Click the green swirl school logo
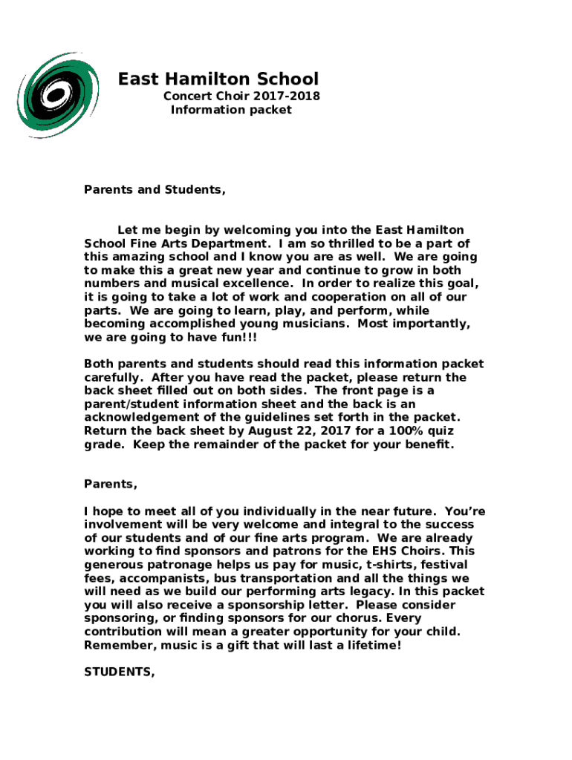click(x=58, y=94)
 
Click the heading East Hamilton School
click(x=218, y=79)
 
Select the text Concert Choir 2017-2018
click(x=241, y=96)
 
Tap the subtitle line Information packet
click(x=231, y=110)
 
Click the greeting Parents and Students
click(x=155, y=189)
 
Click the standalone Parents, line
click(x=111, y=484)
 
